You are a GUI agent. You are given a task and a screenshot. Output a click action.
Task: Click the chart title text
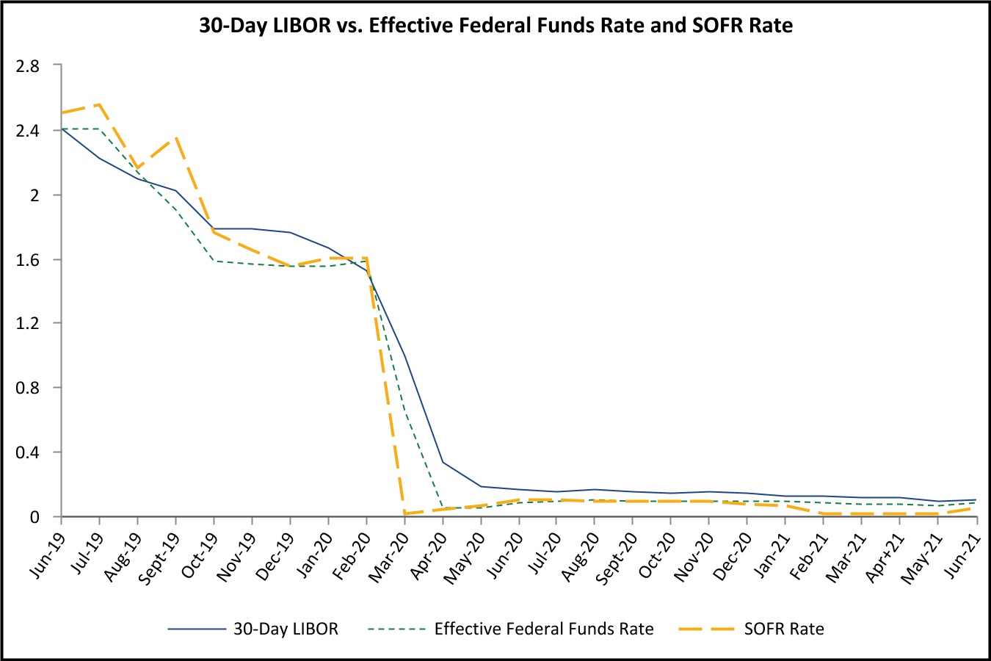[x=495, y=26]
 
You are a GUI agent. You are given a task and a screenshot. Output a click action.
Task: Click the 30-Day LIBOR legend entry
[x=286, y=629]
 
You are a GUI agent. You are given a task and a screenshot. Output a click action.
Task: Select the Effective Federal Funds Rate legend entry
[x=543, y=629]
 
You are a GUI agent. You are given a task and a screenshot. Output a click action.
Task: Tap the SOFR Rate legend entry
[x=783, y=629]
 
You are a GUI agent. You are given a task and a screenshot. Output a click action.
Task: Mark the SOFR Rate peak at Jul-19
[x=99, y=104]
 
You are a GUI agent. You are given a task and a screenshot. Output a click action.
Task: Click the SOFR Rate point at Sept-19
[x=175, y=137]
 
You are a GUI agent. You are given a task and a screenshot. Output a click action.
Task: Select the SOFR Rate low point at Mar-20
[x=404, y=513]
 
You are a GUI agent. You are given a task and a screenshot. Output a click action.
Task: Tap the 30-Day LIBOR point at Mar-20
[x=404, y=356]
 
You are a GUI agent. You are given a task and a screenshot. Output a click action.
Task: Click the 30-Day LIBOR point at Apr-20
[x=443, y=462]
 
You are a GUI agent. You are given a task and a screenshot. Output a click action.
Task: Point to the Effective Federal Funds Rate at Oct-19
[x=214, y=261]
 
